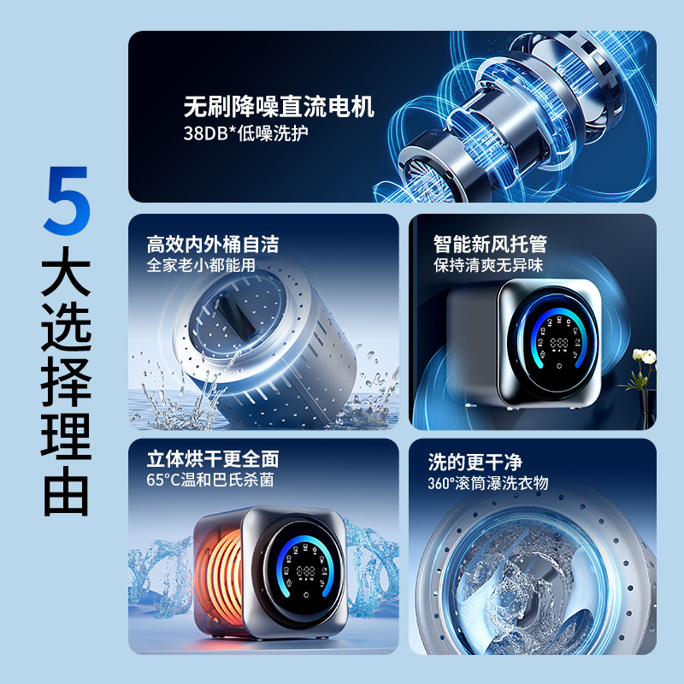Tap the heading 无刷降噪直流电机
[x=279, y=109]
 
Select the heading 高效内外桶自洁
[x=213, y=244]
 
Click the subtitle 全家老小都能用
[x=201, y=265]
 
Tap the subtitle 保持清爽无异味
[x=487, y=265]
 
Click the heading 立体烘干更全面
[x=213, y=459]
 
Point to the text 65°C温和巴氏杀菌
[x=209, y=481]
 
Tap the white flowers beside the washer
[x=643, y=359]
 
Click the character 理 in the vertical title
[x=67, y=433]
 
